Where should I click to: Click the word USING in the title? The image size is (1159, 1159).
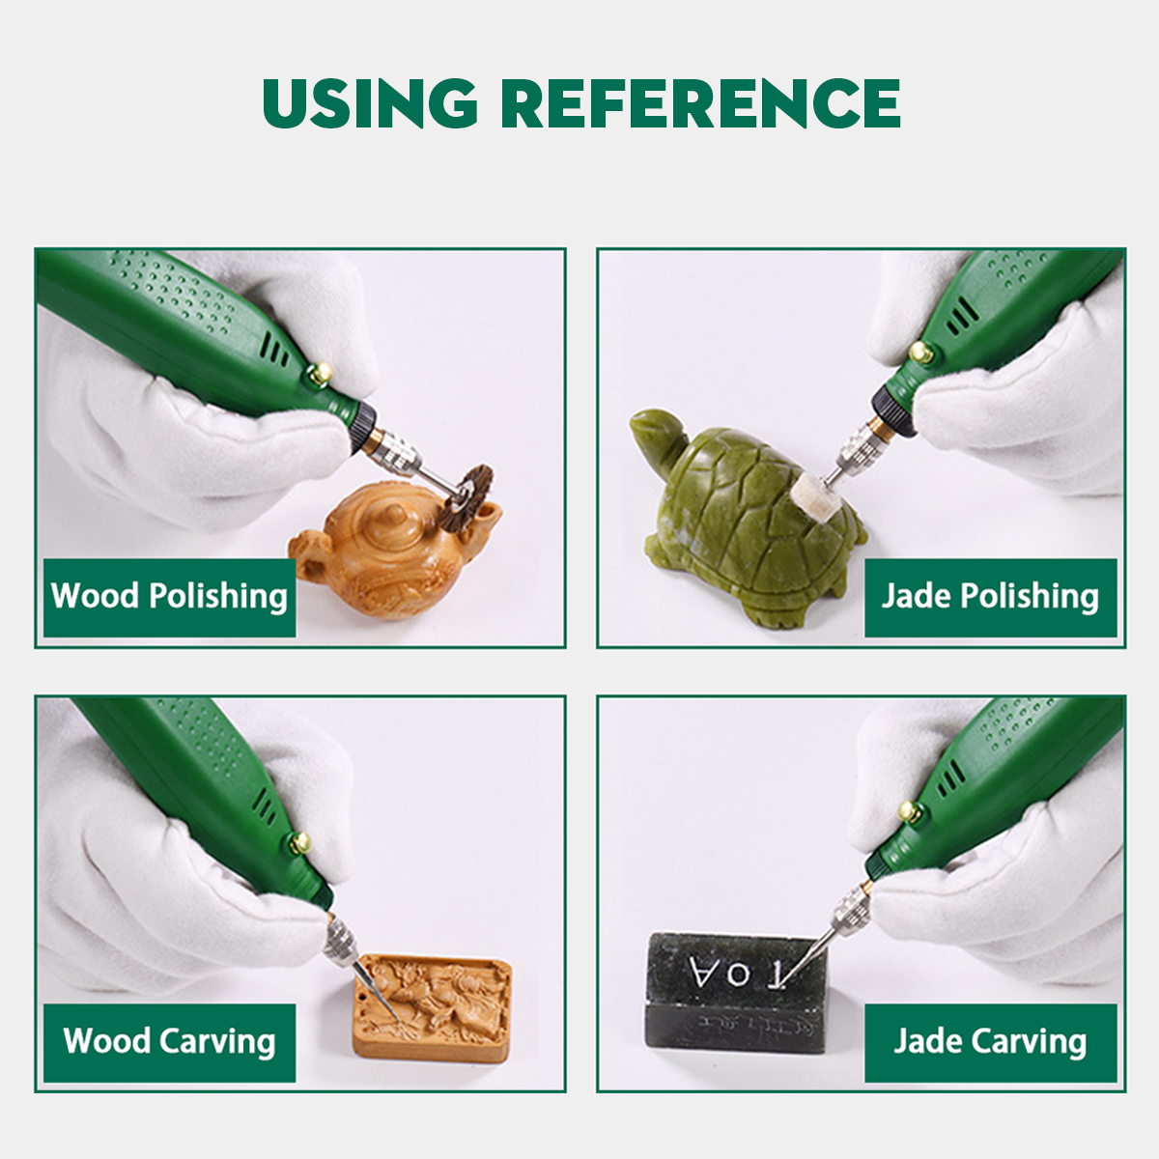click(371, 103)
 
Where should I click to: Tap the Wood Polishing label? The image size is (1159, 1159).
click(169, 597)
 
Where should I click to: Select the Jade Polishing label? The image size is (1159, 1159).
click(991, 597)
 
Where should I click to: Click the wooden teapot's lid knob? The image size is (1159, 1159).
click(394, 513)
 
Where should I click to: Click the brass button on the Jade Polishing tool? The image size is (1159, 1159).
click(920, 353)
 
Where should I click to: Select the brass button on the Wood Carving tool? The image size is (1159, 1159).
click(299, 842)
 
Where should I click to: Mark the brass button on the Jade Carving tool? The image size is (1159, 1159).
click(910, 811)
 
